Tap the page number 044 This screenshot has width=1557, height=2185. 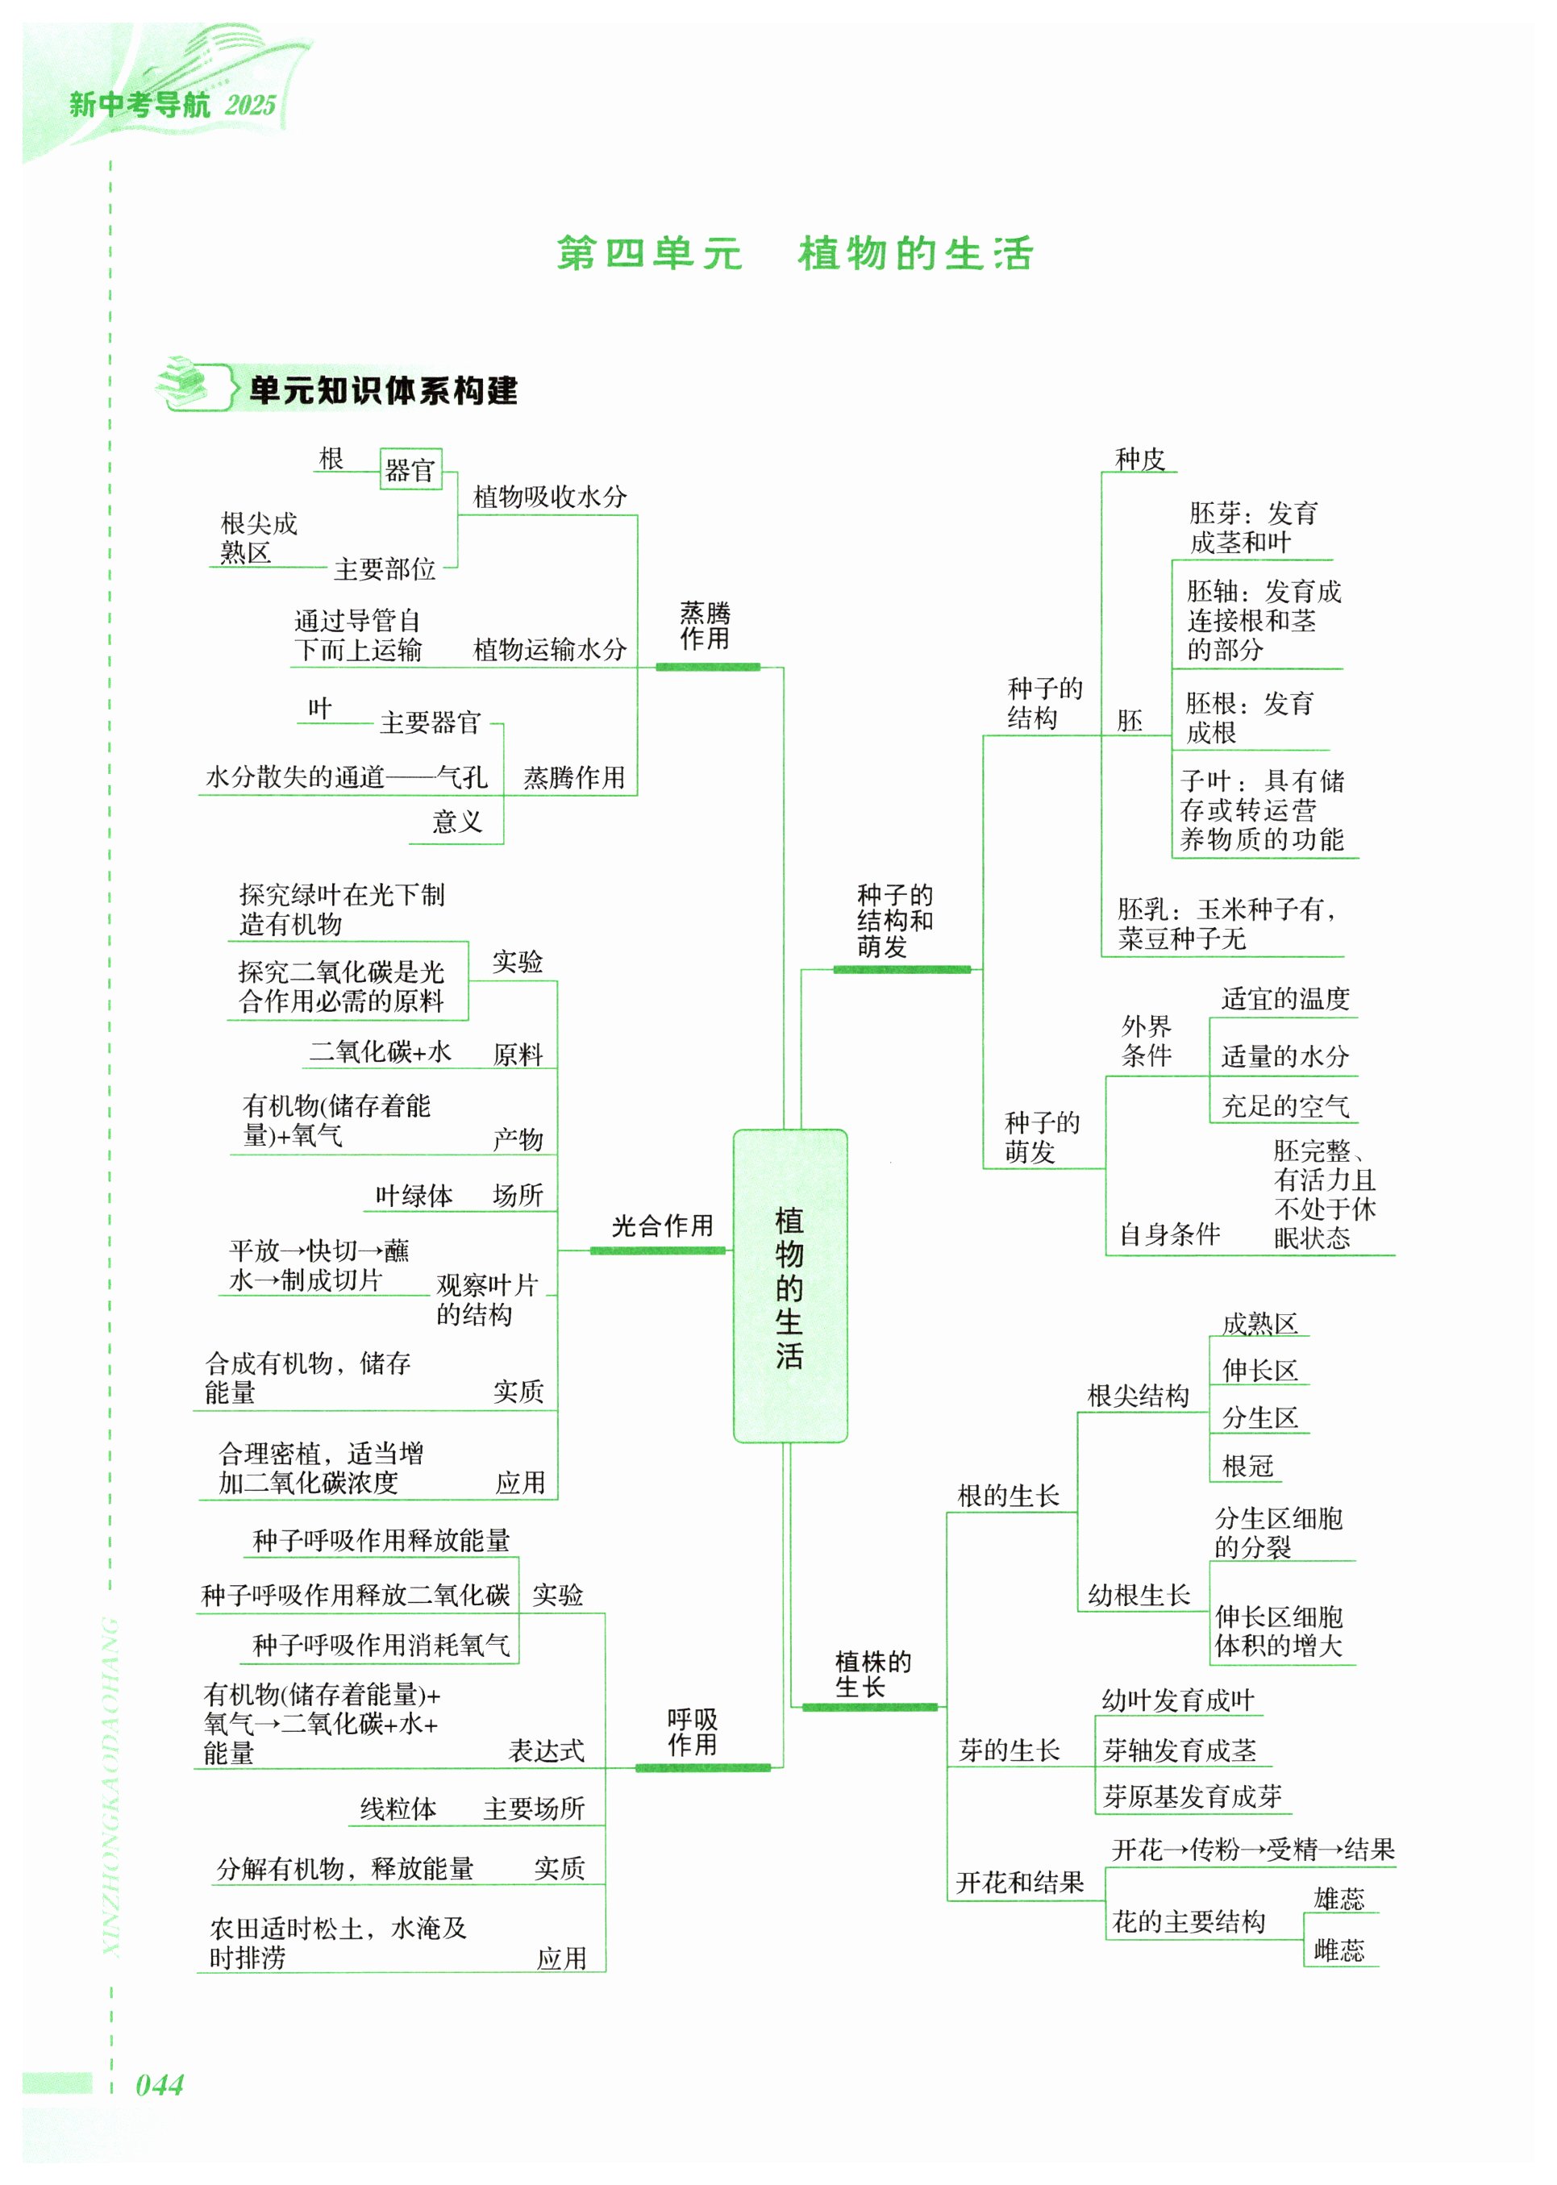click(x=159, y=2084)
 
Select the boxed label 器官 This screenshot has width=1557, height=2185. click(x=410, y=470)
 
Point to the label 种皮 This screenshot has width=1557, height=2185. click(x=1139, y=460)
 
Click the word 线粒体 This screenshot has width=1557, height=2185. click(x=398, y=1808)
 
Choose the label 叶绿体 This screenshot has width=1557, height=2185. click(x=414, y=1196)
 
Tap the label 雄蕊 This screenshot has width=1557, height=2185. click(x=1338, y=1898)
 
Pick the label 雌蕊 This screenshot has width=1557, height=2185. click(x=1338, y=1949)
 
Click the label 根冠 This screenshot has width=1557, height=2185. click(x=1247, y=1465)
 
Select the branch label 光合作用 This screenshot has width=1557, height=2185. click(x=663, y=1226)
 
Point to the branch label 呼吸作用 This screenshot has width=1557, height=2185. click(x=692, y=1732)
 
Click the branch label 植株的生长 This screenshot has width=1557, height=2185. click(x=872, y=1674)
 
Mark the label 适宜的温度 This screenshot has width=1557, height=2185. click(x=1284, y=999)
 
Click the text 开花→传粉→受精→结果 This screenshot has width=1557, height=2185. click(x=1252, y=1849)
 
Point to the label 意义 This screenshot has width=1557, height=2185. click(x=456, y=822)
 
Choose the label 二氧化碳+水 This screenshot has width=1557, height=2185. click(x=380, y=1051)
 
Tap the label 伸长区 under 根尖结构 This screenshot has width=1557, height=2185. click(x=1259, y=1370)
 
